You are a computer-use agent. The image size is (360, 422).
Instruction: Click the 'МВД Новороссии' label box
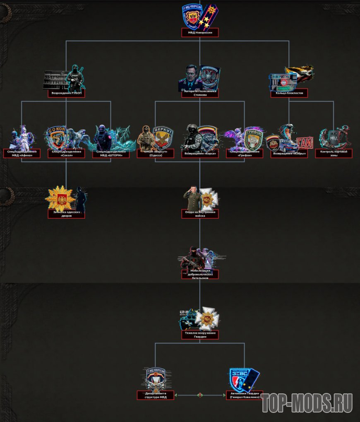point(200,33)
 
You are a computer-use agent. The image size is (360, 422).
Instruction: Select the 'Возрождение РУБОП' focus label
point(66,93)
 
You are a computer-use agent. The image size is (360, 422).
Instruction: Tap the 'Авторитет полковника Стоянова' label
point(200,93)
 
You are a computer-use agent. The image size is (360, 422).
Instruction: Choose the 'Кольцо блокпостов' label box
point(289,93)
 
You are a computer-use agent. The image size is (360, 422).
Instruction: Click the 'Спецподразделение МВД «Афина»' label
point(22,154)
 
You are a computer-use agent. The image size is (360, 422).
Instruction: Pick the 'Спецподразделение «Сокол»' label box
point(66,154)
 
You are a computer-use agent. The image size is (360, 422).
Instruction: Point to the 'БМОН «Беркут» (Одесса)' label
point(156,154)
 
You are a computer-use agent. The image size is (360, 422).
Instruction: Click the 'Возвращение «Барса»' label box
point(200,154)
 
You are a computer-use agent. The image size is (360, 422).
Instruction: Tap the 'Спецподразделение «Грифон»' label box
point(245,154)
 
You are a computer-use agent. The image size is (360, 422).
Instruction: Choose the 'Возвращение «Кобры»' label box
point(289,154)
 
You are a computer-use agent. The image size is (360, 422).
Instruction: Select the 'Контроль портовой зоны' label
point(334,154)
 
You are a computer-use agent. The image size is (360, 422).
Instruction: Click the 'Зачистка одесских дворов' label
point(66,214)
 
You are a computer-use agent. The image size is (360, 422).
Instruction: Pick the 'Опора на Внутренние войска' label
point(200,214)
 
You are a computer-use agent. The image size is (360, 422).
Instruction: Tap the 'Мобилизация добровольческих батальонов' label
point(200,274)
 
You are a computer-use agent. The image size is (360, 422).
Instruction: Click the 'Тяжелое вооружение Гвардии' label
point(200,335)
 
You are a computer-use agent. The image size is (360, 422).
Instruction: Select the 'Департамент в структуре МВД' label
point(156,395)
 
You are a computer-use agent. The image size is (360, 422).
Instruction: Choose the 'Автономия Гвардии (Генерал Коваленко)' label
point(245,395)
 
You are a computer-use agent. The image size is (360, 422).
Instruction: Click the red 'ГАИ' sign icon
point(304,142)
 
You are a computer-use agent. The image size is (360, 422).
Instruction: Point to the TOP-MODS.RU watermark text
point(307,403)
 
